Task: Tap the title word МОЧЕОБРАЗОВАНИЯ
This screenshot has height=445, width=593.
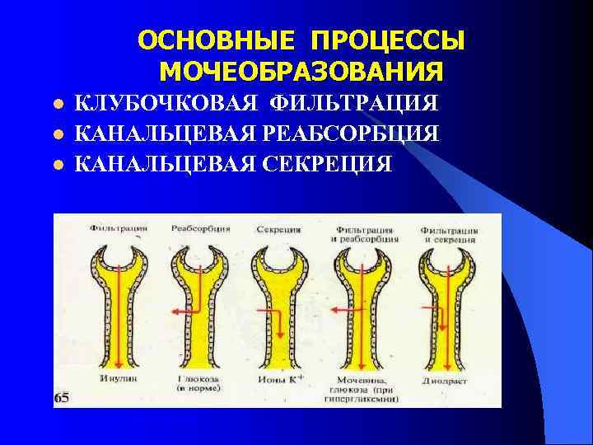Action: (301, 72)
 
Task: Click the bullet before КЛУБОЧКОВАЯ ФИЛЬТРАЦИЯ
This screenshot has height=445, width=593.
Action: (58, 105)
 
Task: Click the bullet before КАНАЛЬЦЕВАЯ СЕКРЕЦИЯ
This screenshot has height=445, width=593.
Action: (58, 164)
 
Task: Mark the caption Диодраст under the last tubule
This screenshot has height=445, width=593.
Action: (448, 381)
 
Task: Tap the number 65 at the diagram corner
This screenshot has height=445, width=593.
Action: (63, 399)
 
